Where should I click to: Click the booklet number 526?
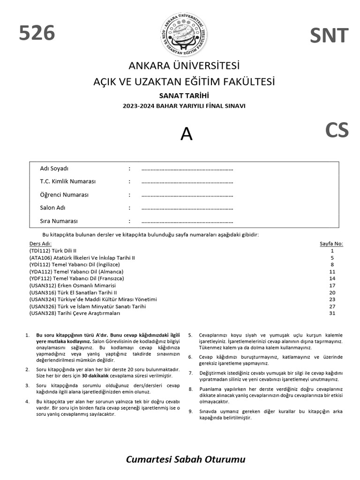pos(37,33)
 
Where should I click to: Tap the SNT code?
pos(329,36)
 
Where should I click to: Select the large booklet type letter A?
pos(187,135)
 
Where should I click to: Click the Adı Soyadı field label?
pos(54,168)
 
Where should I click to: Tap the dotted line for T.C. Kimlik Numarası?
pos(187,182)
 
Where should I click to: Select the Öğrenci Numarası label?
pos(64,195)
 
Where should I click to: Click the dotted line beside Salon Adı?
pos(187,208)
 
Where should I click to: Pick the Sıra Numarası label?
pos(59,221)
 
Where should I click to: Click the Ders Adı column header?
pos(40,244)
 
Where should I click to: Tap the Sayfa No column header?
pos(331,244)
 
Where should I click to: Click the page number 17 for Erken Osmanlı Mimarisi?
pos(332,285)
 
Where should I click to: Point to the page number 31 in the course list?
pos(332,313)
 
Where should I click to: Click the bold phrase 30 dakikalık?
pos(96,376)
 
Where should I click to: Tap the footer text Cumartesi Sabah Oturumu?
pos(186,459)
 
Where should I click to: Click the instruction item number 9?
pos(190,412)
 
